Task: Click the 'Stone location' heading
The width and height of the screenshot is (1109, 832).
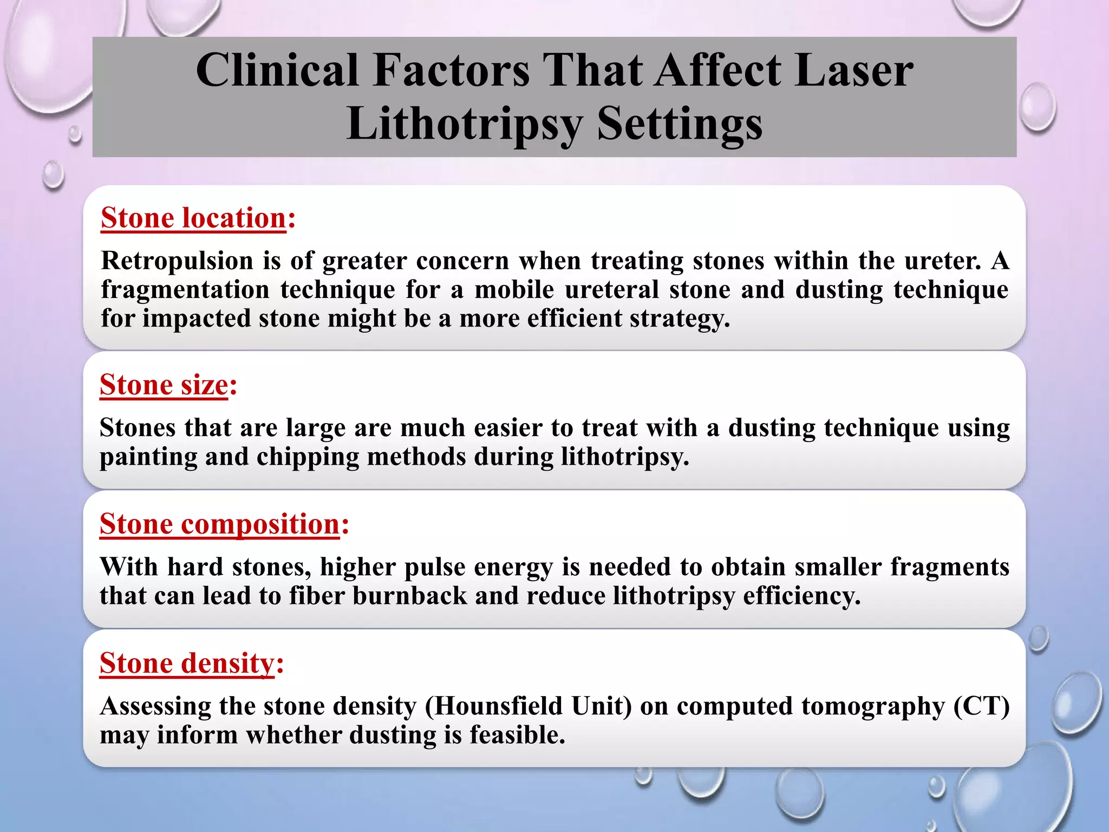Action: click(x=193, y=218)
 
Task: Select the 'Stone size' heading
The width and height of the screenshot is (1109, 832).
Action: click(x=164, y=385)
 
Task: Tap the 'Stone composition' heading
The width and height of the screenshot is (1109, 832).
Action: click(x=219, y=524)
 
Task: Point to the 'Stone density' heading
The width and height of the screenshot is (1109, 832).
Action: click(x=187, y=664)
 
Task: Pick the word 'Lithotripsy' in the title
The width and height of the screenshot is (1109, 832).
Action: click(x=465, y=124)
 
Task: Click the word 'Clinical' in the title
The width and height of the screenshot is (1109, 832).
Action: click(x=277, y=70)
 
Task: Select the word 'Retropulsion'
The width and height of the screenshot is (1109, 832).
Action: click(x=177, y=261)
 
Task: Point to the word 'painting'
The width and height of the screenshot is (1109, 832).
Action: click(x=148, y=457)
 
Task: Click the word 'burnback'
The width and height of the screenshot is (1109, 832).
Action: click(x=409, y=596)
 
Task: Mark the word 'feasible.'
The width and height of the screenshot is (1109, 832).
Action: click(x=517, y=735)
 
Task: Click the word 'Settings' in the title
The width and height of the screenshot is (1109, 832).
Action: click(x=680, y=124)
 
